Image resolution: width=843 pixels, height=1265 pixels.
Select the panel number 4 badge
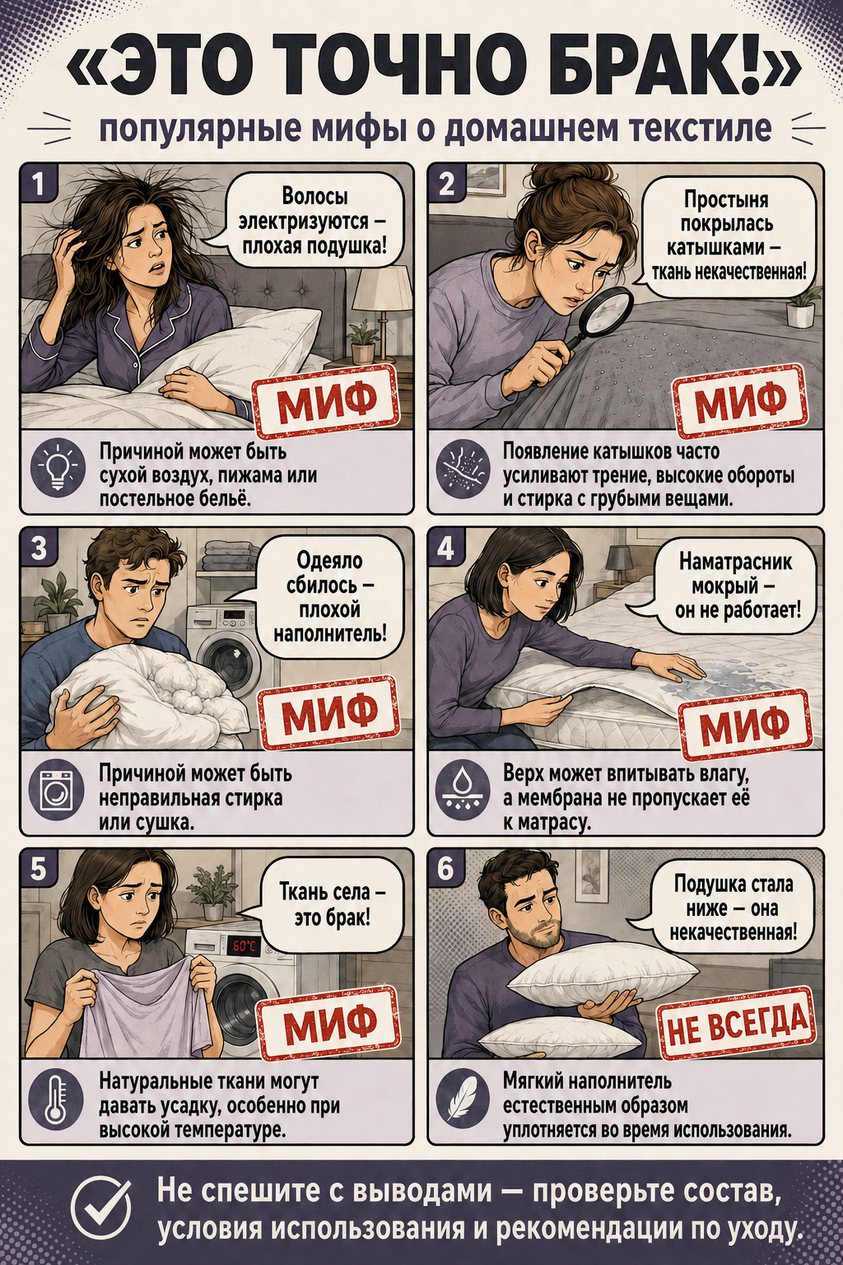point(445,546)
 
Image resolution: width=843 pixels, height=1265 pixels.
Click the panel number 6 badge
point(445,869)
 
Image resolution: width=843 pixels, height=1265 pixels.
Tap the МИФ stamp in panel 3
point(330,710)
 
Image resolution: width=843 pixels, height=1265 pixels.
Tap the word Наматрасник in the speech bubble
point(735,562)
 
